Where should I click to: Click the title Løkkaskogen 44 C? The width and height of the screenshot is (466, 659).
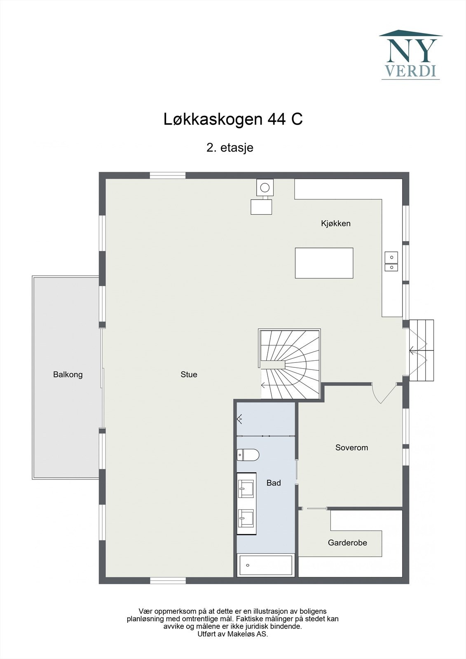point(233,119)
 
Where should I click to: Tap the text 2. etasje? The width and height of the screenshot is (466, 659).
point(229,147)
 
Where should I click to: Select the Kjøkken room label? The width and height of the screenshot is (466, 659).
point(335,224)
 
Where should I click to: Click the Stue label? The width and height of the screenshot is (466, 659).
point(189,374)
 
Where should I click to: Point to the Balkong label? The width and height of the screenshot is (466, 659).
point(68,374)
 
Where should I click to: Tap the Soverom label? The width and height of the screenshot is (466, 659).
point(351,448)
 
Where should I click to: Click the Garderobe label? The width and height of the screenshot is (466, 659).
point(347,543)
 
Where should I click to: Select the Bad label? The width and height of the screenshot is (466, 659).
point(274,483)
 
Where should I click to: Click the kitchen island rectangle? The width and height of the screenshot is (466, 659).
point(324,263)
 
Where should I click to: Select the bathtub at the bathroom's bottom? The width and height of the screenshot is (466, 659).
point(266,565)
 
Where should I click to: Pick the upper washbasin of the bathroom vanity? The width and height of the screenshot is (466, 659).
point(246,489)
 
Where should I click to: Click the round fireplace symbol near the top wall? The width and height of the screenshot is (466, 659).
point(265,188)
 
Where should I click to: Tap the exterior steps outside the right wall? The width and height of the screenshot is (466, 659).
point(422,350)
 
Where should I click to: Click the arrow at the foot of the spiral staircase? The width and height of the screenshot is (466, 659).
point(263,386)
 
